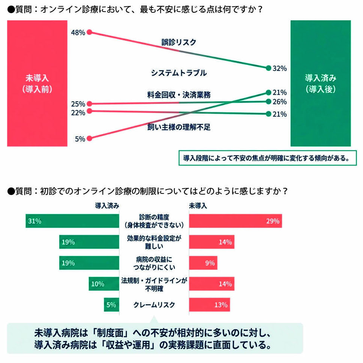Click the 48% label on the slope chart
[78, 33]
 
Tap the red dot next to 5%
[89, 139]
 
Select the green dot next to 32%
[268, 68]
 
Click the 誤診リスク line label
[179, 42]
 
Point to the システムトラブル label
[179, 73]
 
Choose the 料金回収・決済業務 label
[179, 95]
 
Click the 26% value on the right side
[280, 102]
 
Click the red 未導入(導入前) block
[37, 83]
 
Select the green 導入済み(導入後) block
[321, 83]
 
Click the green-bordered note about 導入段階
[267, 158]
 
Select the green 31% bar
[72, 221]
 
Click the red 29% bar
[235, 221]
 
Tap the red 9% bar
[203, 263]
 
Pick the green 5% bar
[111, 304]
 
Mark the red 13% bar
[210, 304]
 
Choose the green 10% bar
[104, 284]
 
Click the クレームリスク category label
[154, 305]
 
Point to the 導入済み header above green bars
[107, 205]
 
